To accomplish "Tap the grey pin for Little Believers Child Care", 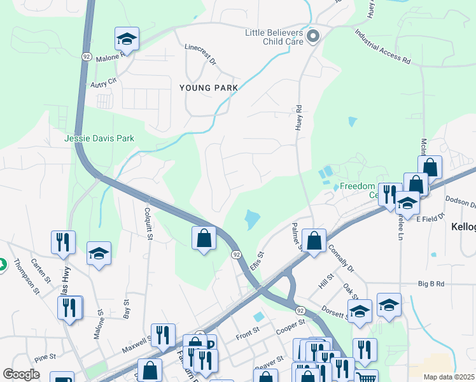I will [x=312, y=36].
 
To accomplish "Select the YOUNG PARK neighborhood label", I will [x=208, y=88].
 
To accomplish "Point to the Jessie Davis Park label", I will [x=99, y=138].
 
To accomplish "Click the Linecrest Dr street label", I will [x=200, y=55].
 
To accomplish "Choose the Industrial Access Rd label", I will [x=382, y=48].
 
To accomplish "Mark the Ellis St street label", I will [x=257, y=261].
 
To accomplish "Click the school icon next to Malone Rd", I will [x=127, y=39].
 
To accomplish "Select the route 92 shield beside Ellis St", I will [x=235, y=254].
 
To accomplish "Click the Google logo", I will [x=22, y=374].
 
